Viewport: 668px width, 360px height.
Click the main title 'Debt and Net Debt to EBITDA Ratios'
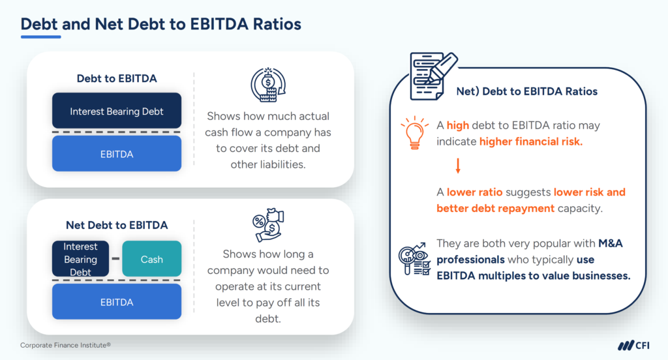coord(160,24)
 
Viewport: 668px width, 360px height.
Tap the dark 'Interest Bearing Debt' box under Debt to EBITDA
coord(117,112)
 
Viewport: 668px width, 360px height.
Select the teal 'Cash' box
coord(151,259)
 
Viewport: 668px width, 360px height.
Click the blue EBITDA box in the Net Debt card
coord(117,302)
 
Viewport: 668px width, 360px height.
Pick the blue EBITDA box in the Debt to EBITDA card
coord(117,153)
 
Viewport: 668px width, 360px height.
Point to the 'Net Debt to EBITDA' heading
coord(117,225)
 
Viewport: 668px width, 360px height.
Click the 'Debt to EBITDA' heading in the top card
coord(117,78)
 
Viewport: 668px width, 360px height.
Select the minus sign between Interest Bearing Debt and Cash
coord(115,259)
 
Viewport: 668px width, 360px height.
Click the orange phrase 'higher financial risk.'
coord(530,142)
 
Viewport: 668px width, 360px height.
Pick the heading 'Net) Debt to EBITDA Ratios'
coord(526,91)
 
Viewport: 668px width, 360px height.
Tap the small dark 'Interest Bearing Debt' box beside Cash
coord(80,259)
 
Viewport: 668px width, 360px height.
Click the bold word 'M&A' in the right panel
coord(614,243)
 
